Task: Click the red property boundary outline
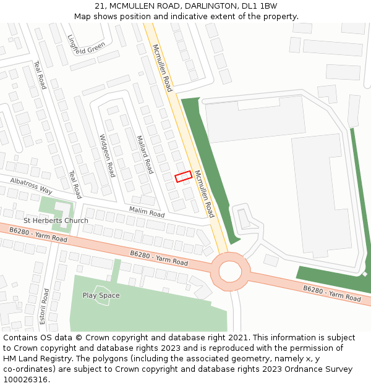pyautogui.click(x=183, y=177)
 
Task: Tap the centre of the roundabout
pyautogui.click(x=230, y=271)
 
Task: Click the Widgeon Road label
pyautogui.click(x=107, y=156)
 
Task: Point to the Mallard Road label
pyautogui.click(x=144, y=154)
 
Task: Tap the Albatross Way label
pyautogui.click(x=31, y=186)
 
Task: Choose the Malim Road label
pyautogui.click(x=147, y=212)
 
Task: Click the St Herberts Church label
pyautogui.click(x=56, y=220)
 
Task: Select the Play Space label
pyautogui.click(x=101, y=295)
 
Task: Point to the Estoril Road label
pyautogui.click(x=44, y=306)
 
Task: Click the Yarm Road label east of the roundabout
pyautogui.click(x=331, y=293)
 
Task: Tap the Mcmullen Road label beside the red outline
pyautogui.click(x=204, y=193)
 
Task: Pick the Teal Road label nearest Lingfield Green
pyautogui.click(x=40, y=75)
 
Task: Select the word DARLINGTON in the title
pyautogui.click(x=202, y=6)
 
